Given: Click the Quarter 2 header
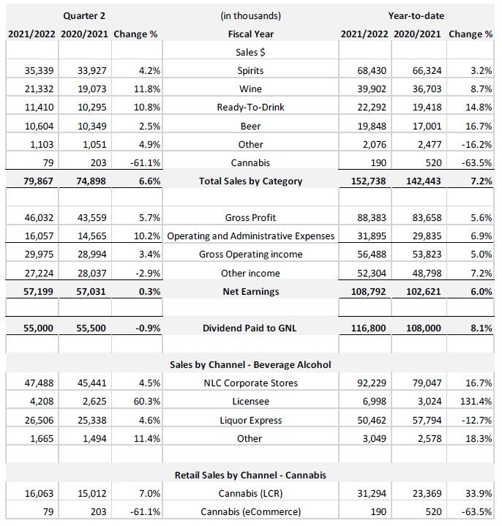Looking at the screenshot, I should [83, 15].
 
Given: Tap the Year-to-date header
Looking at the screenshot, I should [416, 15].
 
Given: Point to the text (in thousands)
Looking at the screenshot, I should [250, 15].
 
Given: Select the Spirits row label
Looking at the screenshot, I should [250, 71].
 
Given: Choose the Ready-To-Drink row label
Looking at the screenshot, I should [250, 108].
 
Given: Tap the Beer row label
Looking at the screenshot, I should [250, 126].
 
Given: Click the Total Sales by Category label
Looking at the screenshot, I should [250, 181].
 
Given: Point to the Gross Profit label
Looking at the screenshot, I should [250, 218].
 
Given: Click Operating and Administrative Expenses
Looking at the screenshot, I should [250, 236].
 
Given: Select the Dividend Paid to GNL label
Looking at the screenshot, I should [250, 328].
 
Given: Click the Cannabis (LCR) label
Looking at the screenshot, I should [250, 494].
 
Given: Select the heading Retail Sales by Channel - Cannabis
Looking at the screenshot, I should [250, 476].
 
